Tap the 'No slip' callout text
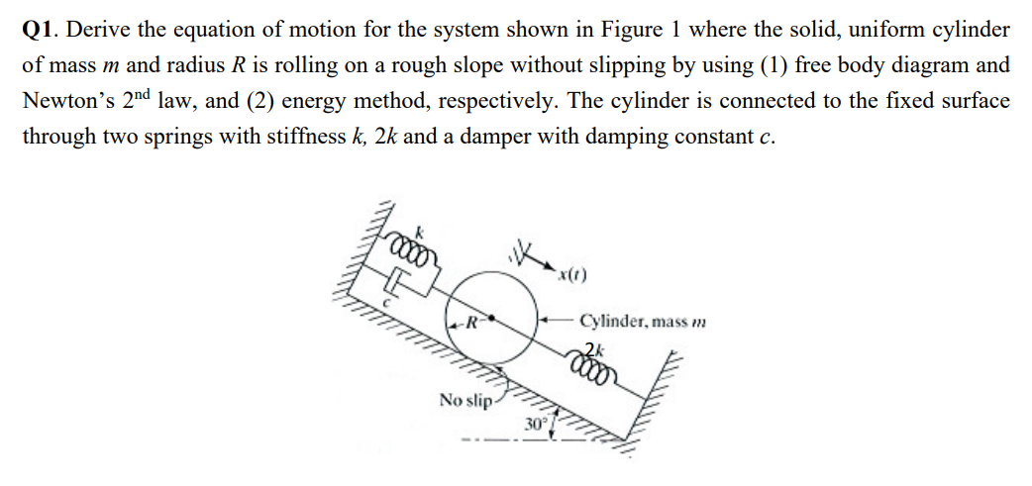coord(464,400)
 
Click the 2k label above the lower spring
coord(592,347)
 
